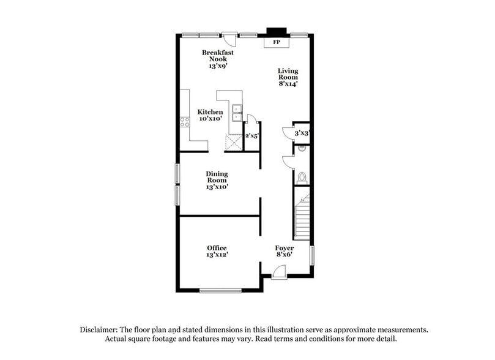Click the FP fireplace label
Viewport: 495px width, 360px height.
277,43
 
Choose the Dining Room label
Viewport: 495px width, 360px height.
217,181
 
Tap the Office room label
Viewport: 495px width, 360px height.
217,251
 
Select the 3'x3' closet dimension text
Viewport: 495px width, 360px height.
302,133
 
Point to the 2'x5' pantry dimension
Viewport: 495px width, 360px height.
251,137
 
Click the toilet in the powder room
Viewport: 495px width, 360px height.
301,178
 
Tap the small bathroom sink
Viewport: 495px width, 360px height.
302,149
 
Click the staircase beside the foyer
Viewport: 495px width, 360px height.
302,217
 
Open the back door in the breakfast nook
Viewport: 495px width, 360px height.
229,39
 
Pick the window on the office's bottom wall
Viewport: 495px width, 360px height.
220,290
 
